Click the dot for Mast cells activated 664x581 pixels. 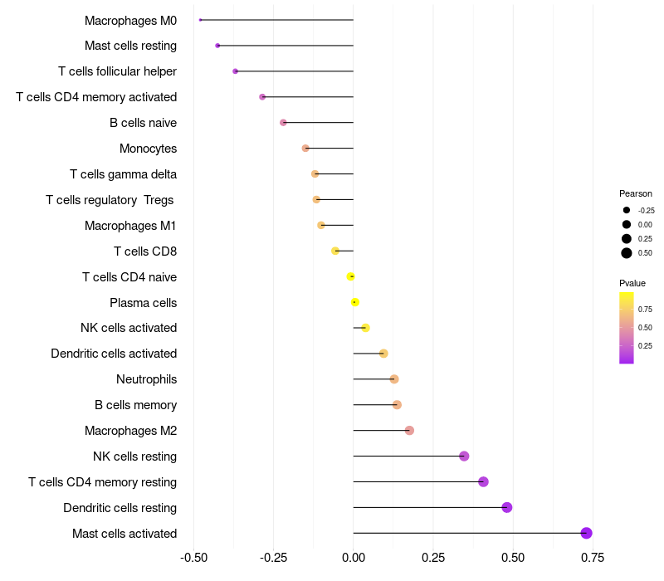point(586,533)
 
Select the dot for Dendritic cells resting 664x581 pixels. point(507,507)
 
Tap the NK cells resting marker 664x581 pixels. point(464,456)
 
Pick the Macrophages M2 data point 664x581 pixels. point(409,430)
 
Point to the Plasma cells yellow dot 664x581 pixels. point(354,302)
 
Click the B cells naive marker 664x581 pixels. point(283,122)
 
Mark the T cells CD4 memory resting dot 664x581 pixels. point(483,481)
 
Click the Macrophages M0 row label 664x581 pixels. point(130,20)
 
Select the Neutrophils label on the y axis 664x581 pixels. point(146,379)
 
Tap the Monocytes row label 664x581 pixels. point(148,149)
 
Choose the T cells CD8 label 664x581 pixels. point(145,251)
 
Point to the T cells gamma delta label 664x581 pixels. point(123,174)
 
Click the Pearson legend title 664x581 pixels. point(636,193)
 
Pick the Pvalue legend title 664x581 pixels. point(632,283)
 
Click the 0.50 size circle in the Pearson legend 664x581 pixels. point(627,253)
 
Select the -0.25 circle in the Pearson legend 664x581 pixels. point(627,210)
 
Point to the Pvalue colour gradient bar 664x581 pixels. point(627,327)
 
